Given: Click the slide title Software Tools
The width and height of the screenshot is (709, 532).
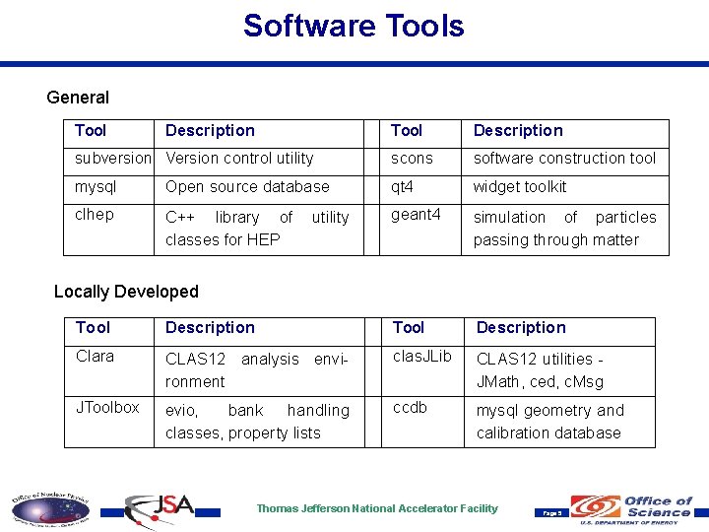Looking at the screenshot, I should pos(354,26).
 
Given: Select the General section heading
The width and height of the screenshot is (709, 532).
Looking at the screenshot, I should pos(78,98).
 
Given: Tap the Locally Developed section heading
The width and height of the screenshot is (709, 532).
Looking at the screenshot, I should pos(126,292).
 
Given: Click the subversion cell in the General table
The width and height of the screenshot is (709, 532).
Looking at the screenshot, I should pos(113,159).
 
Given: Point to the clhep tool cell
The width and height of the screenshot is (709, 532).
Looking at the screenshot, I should pos(95,215).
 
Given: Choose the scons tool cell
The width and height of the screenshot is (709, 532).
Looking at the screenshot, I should pos(412,159).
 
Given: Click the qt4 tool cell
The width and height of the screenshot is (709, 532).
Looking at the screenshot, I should pos(402,187).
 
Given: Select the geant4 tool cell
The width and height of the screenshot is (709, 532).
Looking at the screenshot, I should pos(416,215).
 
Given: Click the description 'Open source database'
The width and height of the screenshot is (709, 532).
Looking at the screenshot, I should pos(247,187).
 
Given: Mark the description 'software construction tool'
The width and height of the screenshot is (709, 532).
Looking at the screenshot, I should pos(564,159).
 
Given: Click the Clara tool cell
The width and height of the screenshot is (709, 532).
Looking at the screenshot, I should pos(95,357).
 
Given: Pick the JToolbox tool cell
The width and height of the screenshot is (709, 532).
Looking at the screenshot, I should pos(107,407).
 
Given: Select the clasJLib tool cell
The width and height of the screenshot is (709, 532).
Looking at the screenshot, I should pos(421,357).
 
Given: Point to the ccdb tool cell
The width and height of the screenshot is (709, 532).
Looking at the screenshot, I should pos(410,407).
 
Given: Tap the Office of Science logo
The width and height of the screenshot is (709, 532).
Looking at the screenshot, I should pos(636,508).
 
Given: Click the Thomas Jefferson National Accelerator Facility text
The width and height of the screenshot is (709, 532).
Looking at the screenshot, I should pos(377,508).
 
